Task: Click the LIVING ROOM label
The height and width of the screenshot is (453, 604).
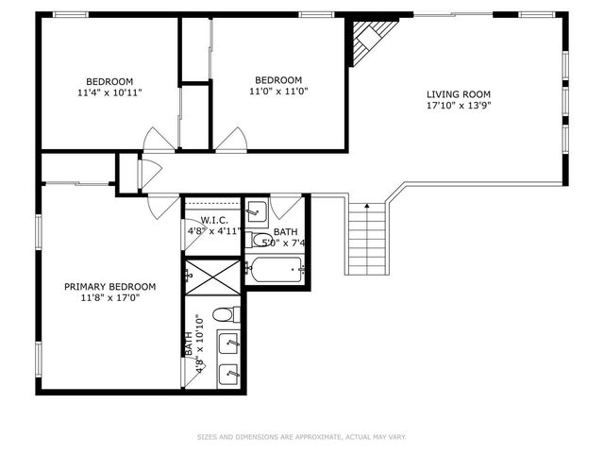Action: (x=459, y=93)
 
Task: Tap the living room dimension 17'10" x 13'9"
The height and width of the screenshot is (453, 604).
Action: (x=459, y=106)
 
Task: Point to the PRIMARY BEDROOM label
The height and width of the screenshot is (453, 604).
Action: (x=110, y=286)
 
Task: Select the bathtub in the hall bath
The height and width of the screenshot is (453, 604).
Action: (x=275, y=270)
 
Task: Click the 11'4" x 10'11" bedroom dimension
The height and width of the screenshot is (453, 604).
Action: (x=110, y=92)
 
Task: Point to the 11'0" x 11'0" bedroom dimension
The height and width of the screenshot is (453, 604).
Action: (x=278, y=92)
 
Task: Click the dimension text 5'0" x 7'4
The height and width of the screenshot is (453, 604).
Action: (x=290, y=243)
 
